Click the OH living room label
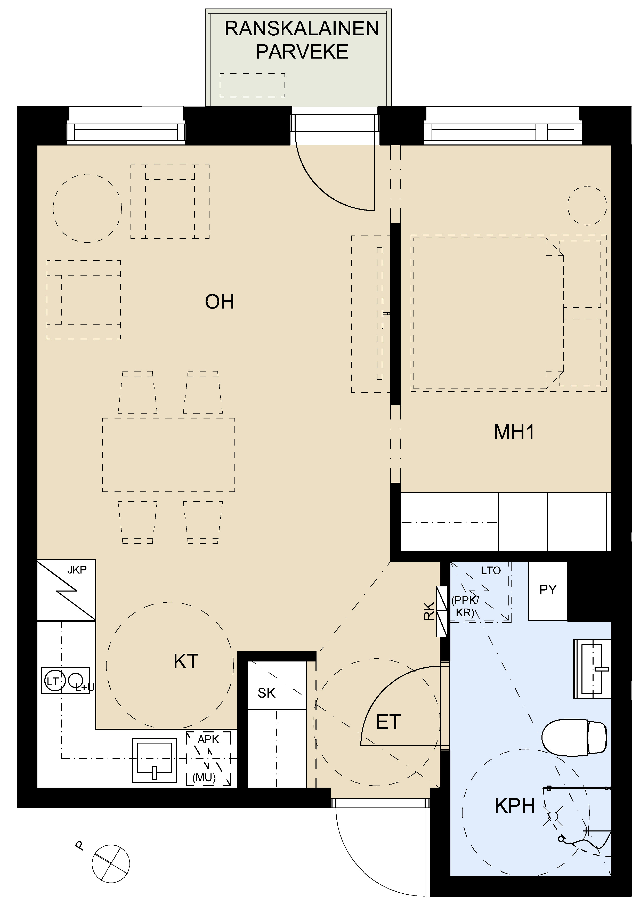(220, 302)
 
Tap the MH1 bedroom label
(514, 432)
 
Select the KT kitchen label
(186, 661)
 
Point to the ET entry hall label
(388, 722)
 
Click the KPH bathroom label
(515, 806)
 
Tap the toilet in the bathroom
(574, 738)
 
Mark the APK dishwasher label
(208, 739)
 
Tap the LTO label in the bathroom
(491, 571)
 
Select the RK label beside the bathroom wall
(429, 611)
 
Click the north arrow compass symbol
(111, 864)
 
